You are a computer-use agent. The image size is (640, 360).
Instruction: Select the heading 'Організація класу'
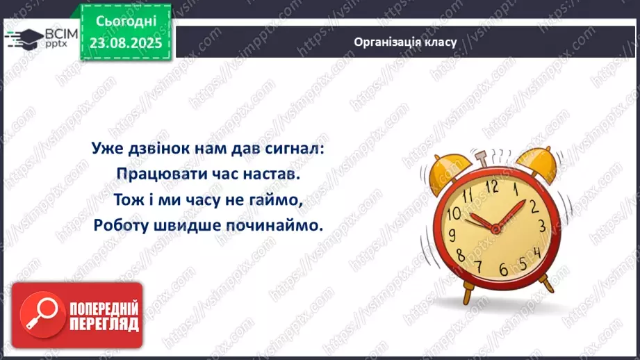(x=405, y=42)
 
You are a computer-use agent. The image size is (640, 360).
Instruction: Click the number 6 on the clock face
(x=503, y=268)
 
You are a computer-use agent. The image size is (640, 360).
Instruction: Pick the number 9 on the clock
(x=452, y=234)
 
